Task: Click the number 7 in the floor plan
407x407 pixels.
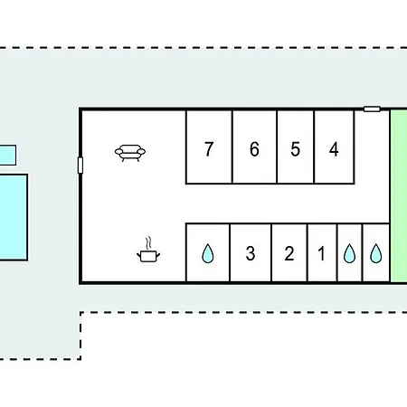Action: point(209,149)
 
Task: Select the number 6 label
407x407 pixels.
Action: point(254,149)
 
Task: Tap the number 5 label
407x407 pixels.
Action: point(296,149)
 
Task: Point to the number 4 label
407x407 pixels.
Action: point(334,149)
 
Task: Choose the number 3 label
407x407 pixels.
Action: point(251,253)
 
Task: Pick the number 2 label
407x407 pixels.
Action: point(289,253)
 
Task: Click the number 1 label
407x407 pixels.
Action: point(321,253)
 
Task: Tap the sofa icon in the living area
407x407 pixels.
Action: point(130,153)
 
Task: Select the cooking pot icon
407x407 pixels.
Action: point(148,256)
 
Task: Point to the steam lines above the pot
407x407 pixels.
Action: point(148,243)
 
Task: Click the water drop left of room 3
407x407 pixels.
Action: point(208,253)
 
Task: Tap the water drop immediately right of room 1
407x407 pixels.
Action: point(350,253)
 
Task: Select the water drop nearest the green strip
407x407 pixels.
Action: point(375,253)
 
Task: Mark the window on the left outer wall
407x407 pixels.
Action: point(80,166)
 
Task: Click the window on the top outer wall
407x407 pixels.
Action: point(372,109)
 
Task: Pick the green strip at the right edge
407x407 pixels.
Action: point(399,196)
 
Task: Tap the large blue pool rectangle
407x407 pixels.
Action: point(14,217)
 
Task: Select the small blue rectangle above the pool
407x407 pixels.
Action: point(8,155)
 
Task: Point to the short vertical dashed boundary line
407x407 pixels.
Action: point(80,336)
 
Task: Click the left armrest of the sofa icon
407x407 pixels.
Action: point(119,151)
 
